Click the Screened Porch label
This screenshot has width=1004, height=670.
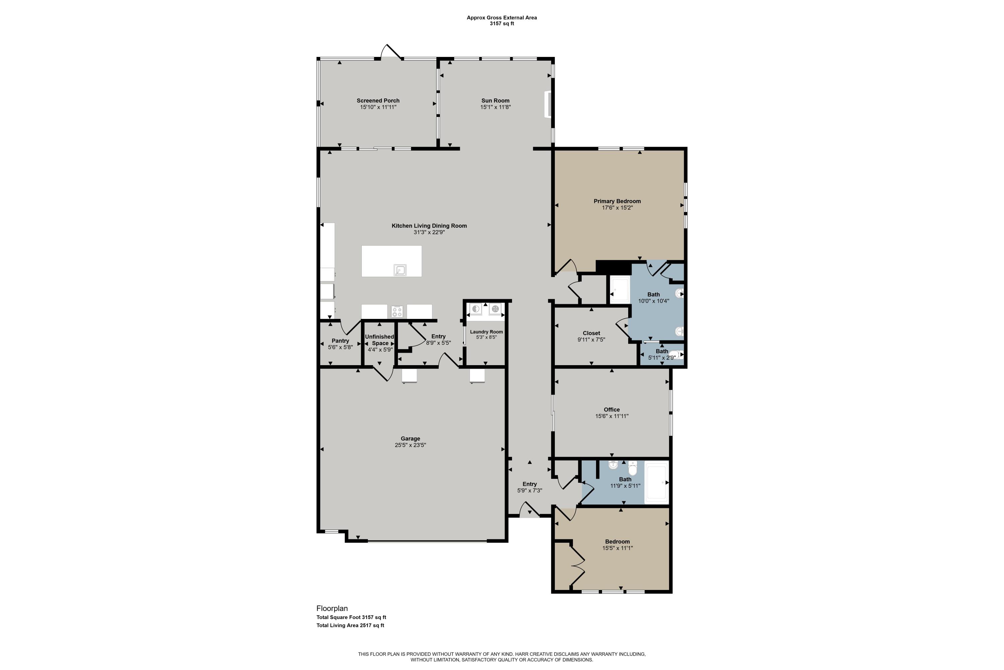(378, 101)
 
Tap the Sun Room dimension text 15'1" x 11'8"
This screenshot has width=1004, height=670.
(495, 107)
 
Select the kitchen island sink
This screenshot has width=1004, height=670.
(400, 270)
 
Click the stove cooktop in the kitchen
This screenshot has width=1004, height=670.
(397, 312)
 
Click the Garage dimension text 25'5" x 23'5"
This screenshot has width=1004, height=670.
(410, 445)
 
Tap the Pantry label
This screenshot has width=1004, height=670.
(340, 341)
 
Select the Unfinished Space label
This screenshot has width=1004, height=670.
(380, 340)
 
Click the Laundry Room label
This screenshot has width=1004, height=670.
(486, 332)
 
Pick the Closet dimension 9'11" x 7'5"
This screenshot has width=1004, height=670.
(591, 340)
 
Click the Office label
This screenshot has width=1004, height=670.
(612, 409)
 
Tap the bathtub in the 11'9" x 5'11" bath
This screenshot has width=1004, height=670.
(656, 482)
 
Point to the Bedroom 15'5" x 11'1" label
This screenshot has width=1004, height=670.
(617, 541)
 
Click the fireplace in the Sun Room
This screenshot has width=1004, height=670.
(547, 104)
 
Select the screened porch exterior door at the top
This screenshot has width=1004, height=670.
(391, 52)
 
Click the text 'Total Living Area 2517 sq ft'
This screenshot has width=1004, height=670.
(350, 625)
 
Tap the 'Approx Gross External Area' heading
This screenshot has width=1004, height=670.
(502, 17)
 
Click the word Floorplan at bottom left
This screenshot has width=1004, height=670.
(332, 608)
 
